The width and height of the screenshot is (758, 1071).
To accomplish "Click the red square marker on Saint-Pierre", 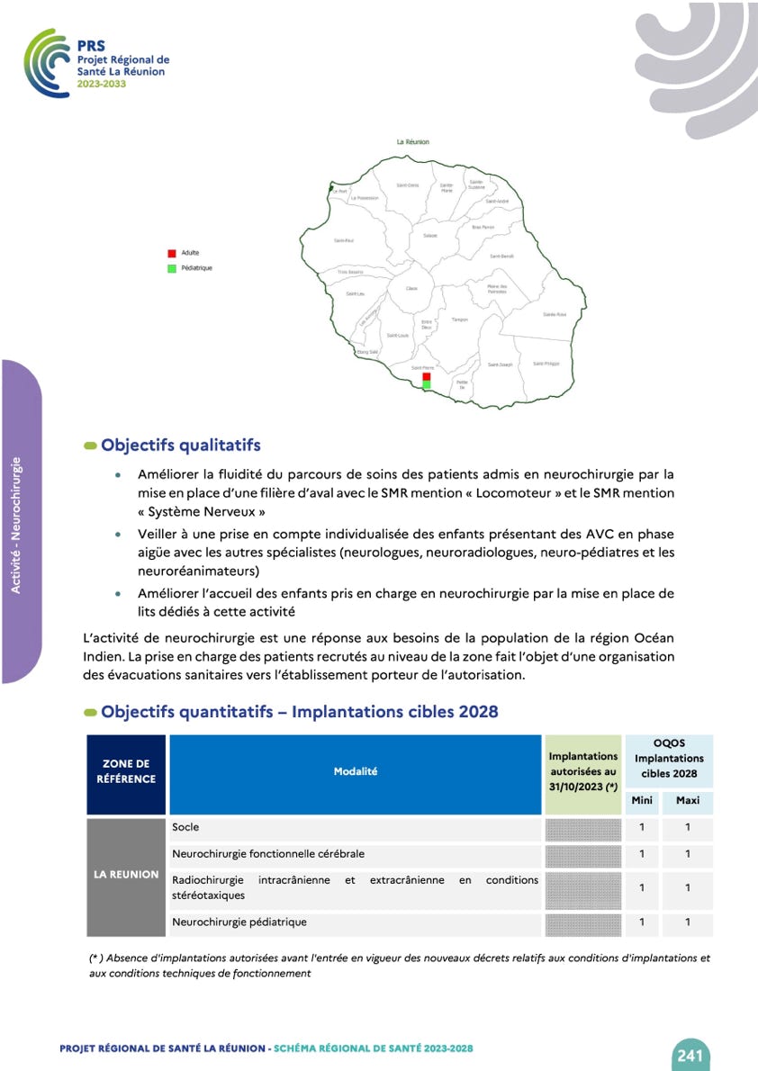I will point(427,377).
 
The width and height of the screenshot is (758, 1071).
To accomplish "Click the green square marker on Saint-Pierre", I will point(427,385).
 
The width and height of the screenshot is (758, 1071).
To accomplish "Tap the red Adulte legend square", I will point(171,254).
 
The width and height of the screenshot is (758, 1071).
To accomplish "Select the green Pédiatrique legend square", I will point(171,268).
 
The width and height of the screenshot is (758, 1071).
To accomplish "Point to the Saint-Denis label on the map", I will point(408,185).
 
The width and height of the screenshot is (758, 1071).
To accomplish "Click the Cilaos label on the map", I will point(411,288).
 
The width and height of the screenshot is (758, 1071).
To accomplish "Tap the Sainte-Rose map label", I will point(555,314).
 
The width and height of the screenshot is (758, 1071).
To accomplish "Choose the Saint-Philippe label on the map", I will point(546,364).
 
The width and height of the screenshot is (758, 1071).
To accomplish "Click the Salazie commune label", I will point(430,236).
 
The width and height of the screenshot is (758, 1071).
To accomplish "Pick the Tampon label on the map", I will point(460,319).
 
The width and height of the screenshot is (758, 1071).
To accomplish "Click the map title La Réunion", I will point(413,142).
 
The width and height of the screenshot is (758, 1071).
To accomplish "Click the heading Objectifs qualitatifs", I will point(181,445).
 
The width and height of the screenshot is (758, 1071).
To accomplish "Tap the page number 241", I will point(690,1055).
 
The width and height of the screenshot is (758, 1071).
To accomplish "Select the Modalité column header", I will point(356,771).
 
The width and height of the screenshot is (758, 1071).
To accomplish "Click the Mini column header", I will point(642,800).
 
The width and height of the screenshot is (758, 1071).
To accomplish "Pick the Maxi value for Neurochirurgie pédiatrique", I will point(688,922).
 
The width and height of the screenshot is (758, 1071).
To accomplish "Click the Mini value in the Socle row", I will point(642,827).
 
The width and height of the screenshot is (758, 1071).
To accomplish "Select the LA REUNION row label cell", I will point(127,874).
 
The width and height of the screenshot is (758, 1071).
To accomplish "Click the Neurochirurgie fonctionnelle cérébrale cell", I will point(268,853).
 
